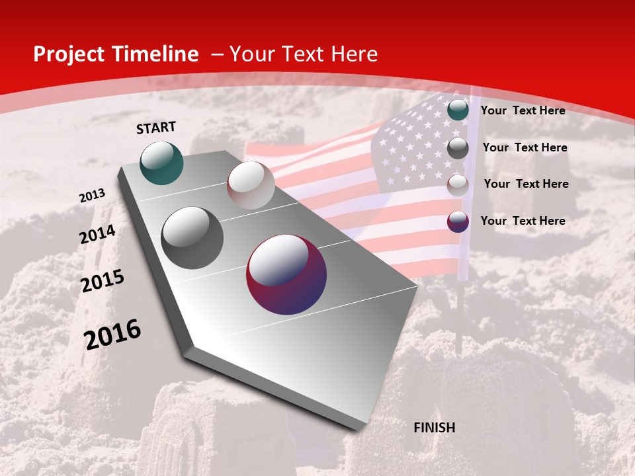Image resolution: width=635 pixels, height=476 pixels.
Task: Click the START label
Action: click(x=156, y=127)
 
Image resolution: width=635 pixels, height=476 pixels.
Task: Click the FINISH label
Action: click(x=434, y=428)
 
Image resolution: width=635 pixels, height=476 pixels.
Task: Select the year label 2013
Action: click(x=92, y=196)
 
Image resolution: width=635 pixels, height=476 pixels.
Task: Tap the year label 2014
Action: click(x=97, y=235)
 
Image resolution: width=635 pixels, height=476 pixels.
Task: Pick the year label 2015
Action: click(x=103, y=281)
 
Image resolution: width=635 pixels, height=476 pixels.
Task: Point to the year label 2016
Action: click(x=112, y=335)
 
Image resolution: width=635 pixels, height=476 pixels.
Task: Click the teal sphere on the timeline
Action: click(x=162, y=163)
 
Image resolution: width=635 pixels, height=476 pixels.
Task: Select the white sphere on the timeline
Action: click(x=251, y=185)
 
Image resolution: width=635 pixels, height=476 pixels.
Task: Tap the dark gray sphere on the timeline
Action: click(x=192, y=238)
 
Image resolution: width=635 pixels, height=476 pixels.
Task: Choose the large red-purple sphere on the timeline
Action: click(x=286, y=274)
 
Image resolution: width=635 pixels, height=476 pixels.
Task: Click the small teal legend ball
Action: click(x=458, y=110)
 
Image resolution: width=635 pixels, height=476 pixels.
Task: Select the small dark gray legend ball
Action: click(x=458, y=148)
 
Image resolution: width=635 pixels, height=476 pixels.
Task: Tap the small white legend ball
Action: click(x=458, y=185)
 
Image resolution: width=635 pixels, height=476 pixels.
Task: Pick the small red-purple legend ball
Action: click(x=458, y=221)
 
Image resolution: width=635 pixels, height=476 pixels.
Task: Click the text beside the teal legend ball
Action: click(x=523, y=110)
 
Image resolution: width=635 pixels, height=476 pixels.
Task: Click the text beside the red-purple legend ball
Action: click(x=523, y=221)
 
